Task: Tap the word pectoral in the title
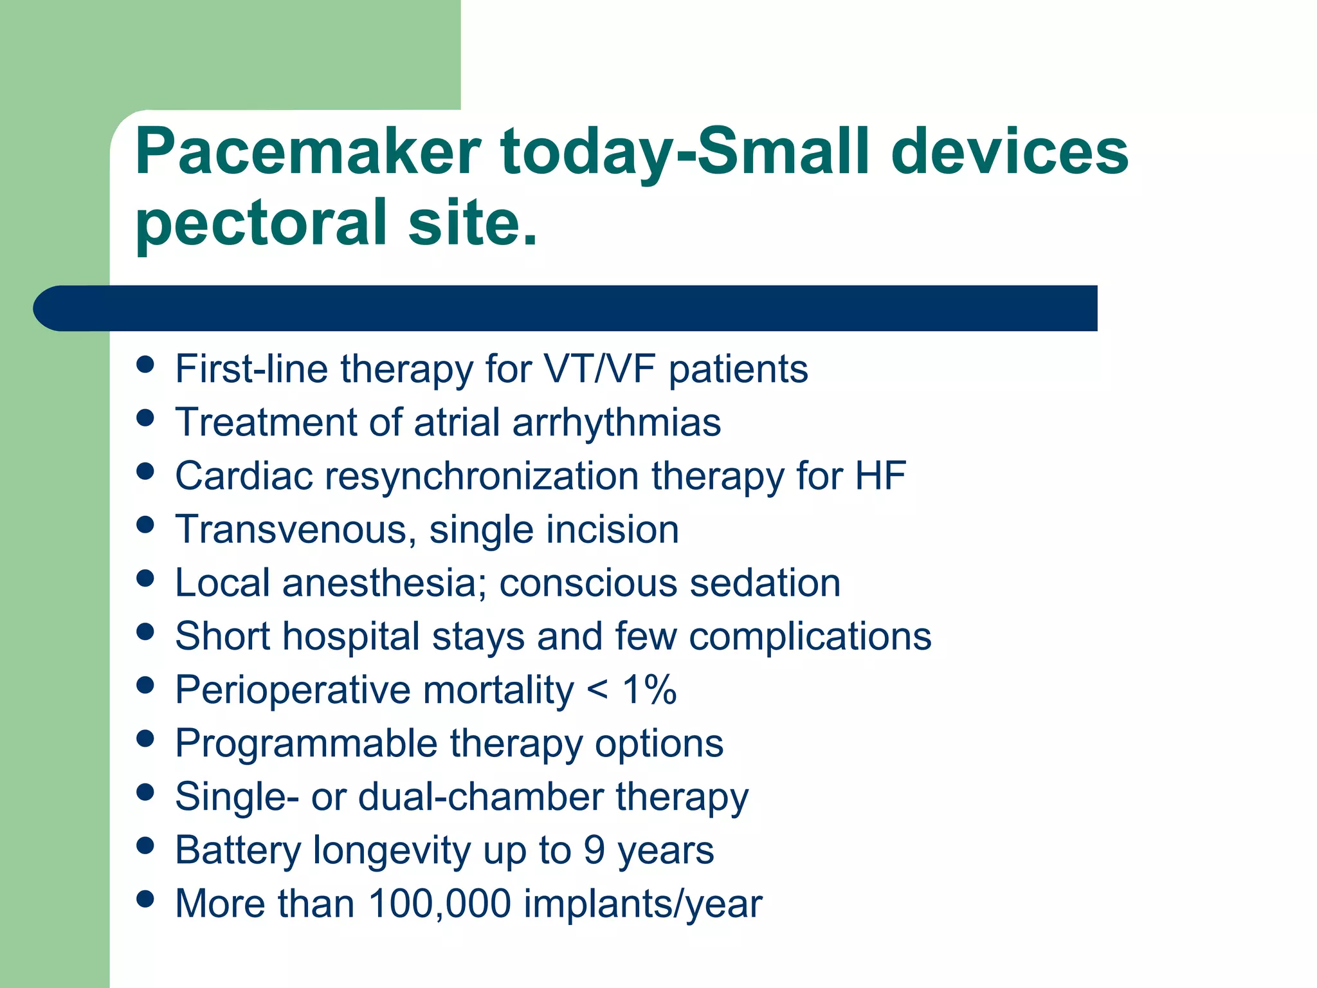[x=260, y=223]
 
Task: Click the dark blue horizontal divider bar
[x=566, y=308]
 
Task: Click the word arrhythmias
[x=616, y=423]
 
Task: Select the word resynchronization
[x=482, y=476]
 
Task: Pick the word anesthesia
[x=383, y=583]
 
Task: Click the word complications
[x=810, y=636]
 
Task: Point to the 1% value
[x=649, y=690]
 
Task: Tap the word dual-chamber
[x=481, y=796]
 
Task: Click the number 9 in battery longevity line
[x=594, y=850]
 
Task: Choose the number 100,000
[x=439, y=903]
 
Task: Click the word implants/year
[x=642, y=903]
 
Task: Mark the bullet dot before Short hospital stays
[x=146, y=631]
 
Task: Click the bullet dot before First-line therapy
[x=146, y=364]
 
